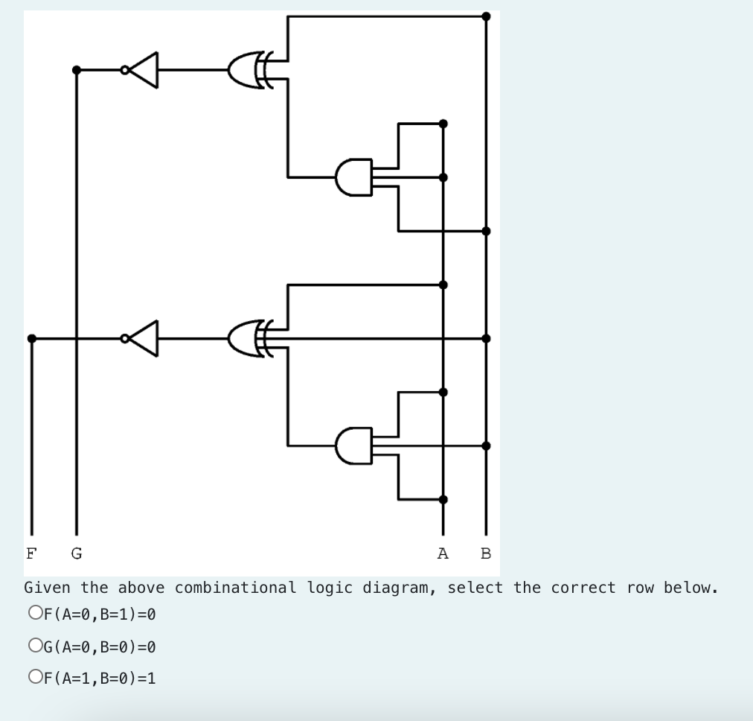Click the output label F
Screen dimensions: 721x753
pyautogui.click(x=31, y=553)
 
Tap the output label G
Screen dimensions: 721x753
pyautogui.click(x=76, y=553)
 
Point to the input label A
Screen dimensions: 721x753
pyautogui.click(x=443, y=553)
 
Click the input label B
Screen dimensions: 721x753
pyautogui.click(x=486, y=553)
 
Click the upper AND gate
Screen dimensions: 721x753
pyautogui.click(x=354, y=177)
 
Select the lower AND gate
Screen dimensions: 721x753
pyautogui.click(x=354, y=445)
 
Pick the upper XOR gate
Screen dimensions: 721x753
pyautogui.click(x=249, y=70)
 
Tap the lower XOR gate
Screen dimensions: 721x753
pyautogui.click(x=249, y=339)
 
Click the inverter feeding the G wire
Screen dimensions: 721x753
pyautogui.click(x=144, y=70)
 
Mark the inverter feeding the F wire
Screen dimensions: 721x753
pyautogui.click(x=144, y=339)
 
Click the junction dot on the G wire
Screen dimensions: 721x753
pyautogui.click(x=76, y=70)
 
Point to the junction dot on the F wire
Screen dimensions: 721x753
pyautogui.click(x=31, y=339)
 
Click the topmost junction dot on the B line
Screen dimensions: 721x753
pyautogui.click(x=486, y=16)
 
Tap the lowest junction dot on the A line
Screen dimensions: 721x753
pyautogui.click(x=443, y=500)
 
